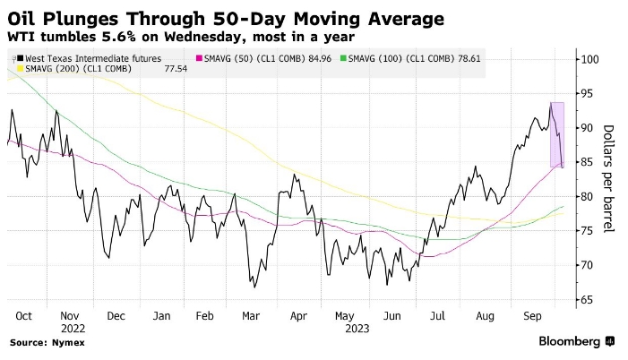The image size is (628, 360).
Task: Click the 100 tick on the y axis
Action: (x=589, y=60)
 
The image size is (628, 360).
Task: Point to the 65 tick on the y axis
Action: (x=586, y=299)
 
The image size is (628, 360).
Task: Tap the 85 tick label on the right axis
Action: (x=586, y=162)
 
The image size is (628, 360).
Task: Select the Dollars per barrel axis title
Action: (x=608, y=179)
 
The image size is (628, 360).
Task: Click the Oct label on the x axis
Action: (x=24, y=316)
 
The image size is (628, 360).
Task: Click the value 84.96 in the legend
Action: (x=321, y=58)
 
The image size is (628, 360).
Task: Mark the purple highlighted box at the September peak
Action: (x=557, y=134)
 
